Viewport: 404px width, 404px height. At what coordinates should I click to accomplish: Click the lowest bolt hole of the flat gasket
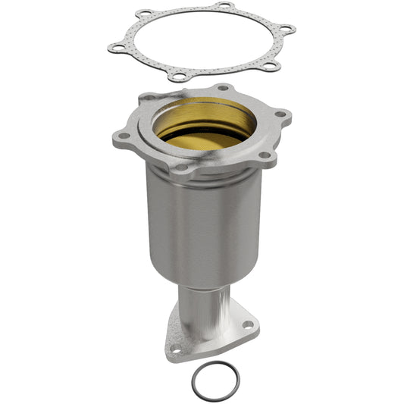pyautogui.click(x=177, y=77)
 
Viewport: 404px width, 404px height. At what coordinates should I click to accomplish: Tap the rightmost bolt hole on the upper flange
pyautogui.click(x=281, y=114)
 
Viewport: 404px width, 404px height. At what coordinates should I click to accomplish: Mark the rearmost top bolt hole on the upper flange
pyautogui.click(x=222, y=88)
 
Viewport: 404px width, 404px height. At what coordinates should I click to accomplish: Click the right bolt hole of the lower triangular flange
pyautogui.click(x=247, y=326)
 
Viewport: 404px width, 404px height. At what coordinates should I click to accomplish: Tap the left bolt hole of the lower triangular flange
pyautogui.click(x=177, y=350)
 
